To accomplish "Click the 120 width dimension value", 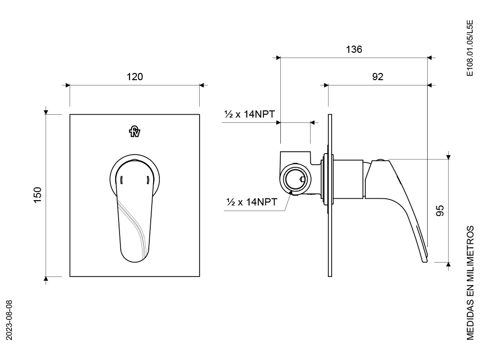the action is coord(135,76).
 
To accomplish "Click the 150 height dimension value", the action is coord(37,195).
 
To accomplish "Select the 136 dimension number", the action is coord(354,49).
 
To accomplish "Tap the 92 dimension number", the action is coord(378,76).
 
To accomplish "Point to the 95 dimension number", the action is coord(440,211).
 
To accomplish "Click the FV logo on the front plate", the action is coord(135,131).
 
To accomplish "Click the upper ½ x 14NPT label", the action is coord(250,114).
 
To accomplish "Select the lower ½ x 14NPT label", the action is coord(252,202).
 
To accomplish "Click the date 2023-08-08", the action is coord(9,320).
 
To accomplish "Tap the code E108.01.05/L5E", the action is coord(469,48).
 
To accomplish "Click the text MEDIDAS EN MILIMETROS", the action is coord(470,283).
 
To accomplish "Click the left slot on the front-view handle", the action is coord(121,180).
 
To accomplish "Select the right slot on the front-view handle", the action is coord(148,180).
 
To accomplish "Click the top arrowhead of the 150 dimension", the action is coord(46,112).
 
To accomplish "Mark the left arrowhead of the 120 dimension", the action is coord(68,85).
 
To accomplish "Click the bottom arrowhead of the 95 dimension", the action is coord(448,264).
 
